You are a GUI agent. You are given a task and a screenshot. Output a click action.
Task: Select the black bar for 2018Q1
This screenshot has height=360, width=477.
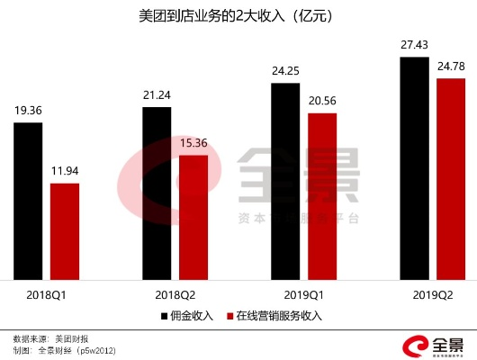point(28,202)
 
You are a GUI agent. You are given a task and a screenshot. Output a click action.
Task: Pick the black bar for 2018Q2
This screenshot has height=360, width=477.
point(157,194)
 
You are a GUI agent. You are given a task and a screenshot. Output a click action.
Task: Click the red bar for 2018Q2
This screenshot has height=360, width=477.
point(193,218)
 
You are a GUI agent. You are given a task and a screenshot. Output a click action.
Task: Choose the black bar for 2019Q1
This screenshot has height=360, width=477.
point(285,182)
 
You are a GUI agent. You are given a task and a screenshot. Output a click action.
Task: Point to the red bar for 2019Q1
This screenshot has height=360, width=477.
point(322,197)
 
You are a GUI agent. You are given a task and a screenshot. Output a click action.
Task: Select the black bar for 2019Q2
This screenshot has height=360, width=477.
point(415,169)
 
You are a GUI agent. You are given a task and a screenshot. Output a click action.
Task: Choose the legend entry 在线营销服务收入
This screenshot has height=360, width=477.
point(279,315)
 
